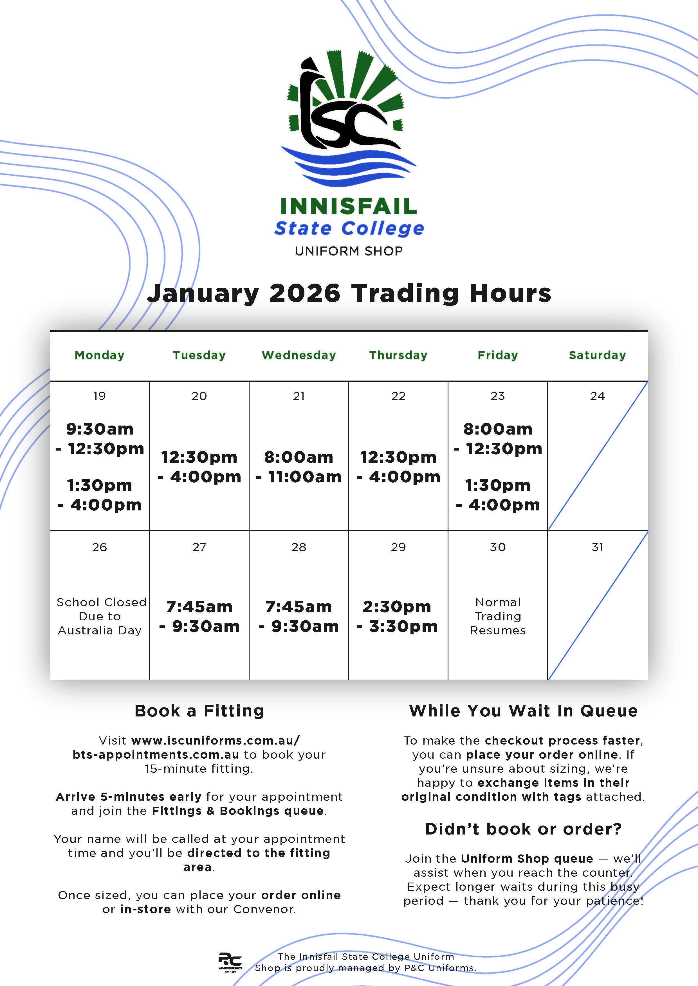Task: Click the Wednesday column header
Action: [299, 355]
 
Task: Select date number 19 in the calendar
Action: [99, 396]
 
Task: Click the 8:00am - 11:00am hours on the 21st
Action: [299, 467]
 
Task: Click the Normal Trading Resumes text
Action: [498, 616]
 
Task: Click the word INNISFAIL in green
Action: [349, 207]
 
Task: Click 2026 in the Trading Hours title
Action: [305, 294]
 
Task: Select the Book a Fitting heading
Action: [199, 711]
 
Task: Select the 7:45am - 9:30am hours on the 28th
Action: [299, 616]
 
